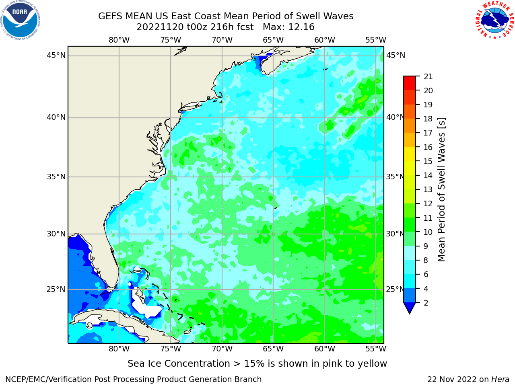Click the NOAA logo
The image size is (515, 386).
coord(21,20)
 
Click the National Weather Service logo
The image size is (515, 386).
coord(494,20)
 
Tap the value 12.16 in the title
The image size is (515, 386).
coord(301,27)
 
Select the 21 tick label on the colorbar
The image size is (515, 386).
coord(428,77)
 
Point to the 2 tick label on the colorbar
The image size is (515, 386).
coord(426,303)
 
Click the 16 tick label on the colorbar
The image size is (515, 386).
coord(428,147)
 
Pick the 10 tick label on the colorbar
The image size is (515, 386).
coord(428,232)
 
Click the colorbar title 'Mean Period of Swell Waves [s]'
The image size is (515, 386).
coord(441,190)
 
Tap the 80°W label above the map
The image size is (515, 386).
coord(119,40)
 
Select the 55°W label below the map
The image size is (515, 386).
coord(376,349)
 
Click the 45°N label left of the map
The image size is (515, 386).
coord(56,55)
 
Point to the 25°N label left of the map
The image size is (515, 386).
coord(56,289)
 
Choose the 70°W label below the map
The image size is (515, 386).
coord(222,349)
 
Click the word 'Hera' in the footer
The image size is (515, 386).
coord(501,379)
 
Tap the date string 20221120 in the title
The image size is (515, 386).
coord(160,27)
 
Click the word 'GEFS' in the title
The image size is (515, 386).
coord(110,16)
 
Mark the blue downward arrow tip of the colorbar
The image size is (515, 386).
coord(410,314)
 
